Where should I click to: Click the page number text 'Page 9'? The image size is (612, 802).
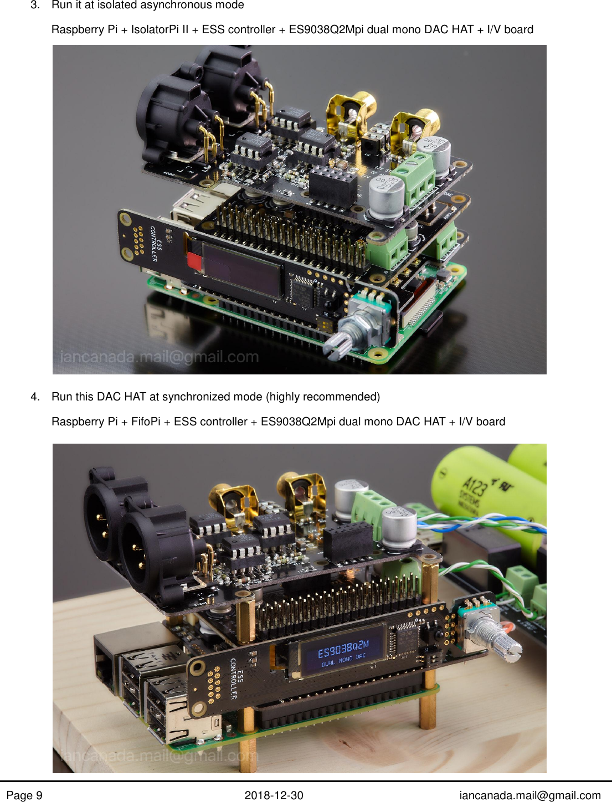click(24, 795)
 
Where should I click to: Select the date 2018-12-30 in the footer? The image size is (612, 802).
click(274, 795)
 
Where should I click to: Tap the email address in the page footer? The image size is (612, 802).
click(529, 795)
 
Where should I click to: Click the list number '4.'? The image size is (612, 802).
click(35, 397)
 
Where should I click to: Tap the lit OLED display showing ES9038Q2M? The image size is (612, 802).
click(343, 651)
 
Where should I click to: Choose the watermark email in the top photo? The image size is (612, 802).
click(159, 357)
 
